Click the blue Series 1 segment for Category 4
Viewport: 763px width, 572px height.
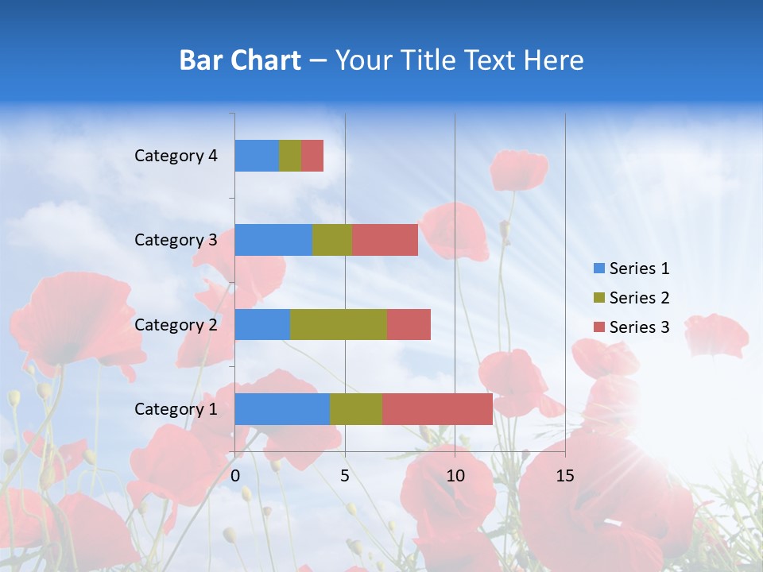click(x=257, y=156)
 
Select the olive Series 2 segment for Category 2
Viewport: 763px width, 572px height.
click(x=339, y=324)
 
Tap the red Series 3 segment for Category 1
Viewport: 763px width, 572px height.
click(x=437, y=409)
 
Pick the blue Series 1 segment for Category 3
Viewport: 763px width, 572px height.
click(x=273, y=240)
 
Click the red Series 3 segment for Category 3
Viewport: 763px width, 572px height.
click(x=385, y=240)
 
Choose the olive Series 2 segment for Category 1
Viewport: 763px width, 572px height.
click(x=356, y=409)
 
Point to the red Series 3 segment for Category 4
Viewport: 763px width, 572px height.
click(x=312, y=156)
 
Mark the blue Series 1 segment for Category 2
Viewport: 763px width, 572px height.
click(x=262, y=324)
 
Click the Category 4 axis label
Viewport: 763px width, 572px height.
click(x=176, y=156)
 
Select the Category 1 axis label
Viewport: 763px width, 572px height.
click(x=176, y=409)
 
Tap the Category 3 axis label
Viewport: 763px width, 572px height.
click(x=176, y=240)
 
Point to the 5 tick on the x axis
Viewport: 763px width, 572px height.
click(x=345, y=476)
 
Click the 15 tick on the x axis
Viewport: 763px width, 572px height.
click(x=565, y=476)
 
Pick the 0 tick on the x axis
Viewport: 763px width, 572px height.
click(x=235, y=476)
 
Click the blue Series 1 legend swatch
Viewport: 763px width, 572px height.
click(x=598, y=269)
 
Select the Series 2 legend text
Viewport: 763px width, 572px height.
click(x=639, y=298)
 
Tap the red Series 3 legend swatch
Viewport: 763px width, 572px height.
click(x=598, y=327)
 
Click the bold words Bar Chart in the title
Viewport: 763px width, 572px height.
click(x=240, y=60)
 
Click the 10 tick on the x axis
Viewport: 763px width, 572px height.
click(x=455, y=476)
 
